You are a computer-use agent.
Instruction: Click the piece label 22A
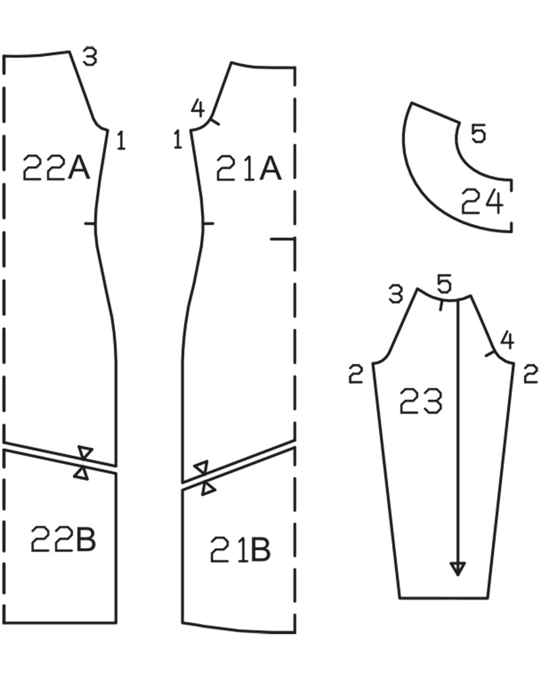tap(56, 167)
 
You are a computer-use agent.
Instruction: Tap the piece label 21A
tap(249, 168)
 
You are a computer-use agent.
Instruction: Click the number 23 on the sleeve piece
tap(421, 400)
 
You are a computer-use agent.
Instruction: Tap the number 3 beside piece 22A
tap(90, 56)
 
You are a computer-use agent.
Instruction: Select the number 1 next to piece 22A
tap(121, 141)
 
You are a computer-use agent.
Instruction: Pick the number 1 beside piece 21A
tap(178, 139)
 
